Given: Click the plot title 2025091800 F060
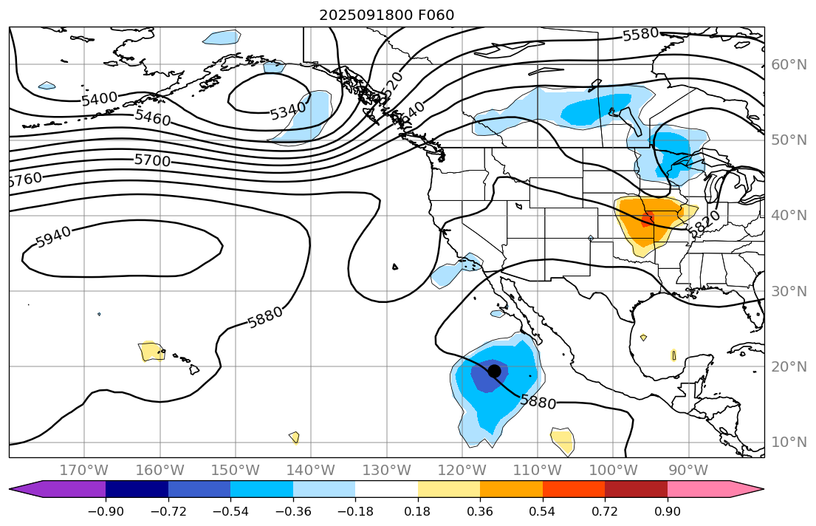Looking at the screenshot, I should coord(387,15).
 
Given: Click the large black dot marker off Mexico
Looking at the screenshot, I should coord(495,371).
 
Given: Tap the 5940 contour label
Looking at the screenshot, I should coord(53,236).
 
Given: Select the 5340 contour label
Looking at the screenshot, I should coord(287,112).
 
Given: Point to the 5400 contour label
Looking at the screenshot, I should coord(99,98).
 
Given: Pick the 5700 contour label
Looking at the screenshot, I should coord(152,160).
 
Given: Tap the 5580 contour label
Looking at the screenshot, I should coord(640,34).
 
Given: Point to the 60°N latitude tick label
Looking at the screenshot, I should coord(789,64).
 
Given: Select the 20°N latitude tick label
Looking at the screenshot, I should coord(789,366).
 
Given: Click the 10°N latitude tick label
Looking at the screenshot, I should coord(789,442).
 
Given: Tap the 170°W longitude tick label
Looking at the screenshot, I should coord(86,470).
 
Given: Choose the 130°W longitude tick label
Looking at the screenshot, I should coord(387,470).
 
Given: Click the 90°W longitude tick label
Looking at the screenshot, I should coord(688,470).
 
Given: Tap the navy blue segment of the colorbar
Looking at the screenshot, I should coord(137,489).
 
